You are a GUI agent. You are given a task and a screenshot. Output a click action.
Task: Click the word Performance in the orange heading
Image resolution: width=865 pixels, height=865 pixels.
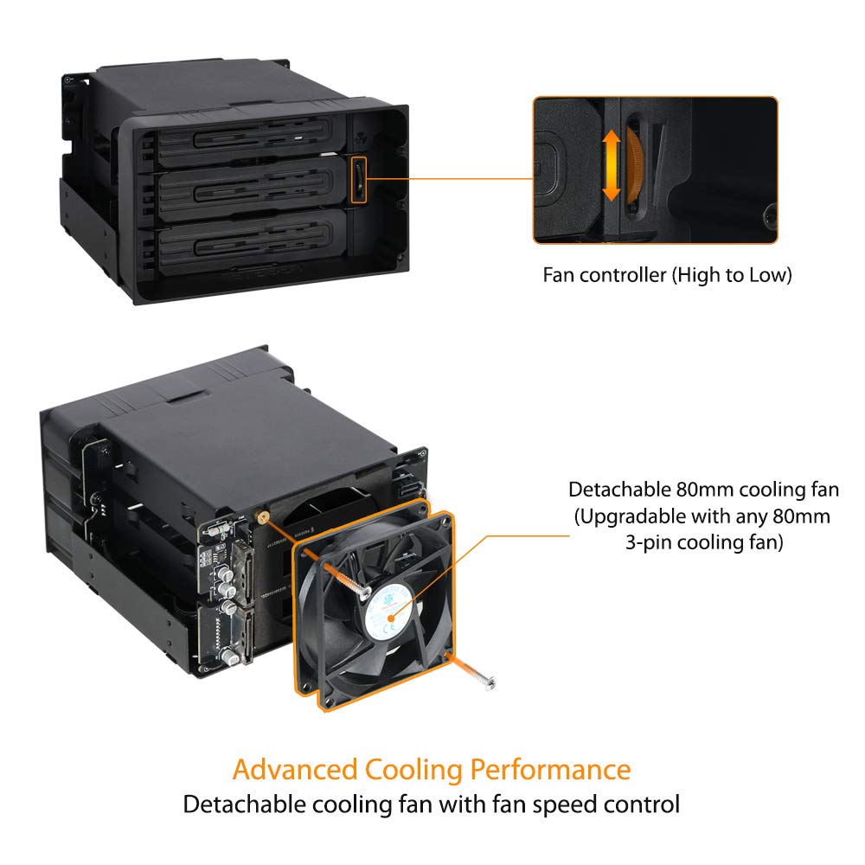coord(550,769)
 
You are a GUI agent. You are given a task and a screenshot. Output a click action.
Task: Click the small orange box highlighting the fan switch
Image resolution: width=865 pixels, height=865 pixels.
coord(358,179)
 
